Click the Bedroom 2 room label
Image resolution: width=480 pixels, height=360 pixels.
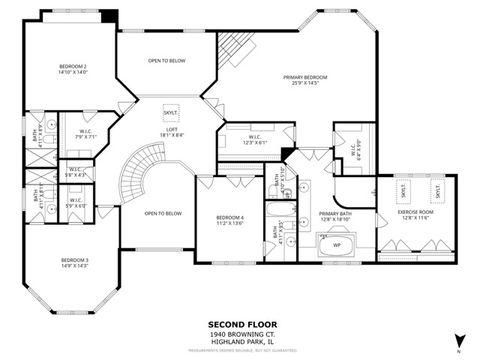click(72, 69)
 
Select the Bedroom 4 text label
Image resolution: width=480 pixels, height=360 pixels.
click(230, 220)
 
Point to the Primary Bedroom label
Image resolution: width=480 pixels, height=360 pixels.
click(305, 79)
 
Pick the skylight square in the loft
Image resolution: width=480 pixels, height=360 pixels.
click(170, 113)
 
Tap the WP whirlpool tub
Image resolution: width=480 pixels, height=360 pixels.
click(337, 243)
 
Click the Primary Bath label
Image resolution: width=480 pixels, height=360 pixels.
click(334, 215)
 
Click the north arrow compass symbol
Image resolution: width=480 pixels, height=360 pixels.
click(459, 339)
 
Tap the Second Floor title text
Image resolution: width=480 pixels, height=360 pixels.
click(239, 324)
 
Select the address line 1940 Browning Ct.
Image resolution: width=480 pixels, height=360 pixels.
click(239, 333)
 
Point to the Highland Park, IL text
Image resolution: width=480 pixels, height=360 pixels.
click(239, 341)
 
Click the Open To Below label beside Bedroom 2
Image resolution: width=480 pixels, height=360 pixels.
click(166, 61)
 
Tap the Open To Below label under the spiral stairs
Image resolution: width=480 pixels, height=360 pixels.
click(162, 213)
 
